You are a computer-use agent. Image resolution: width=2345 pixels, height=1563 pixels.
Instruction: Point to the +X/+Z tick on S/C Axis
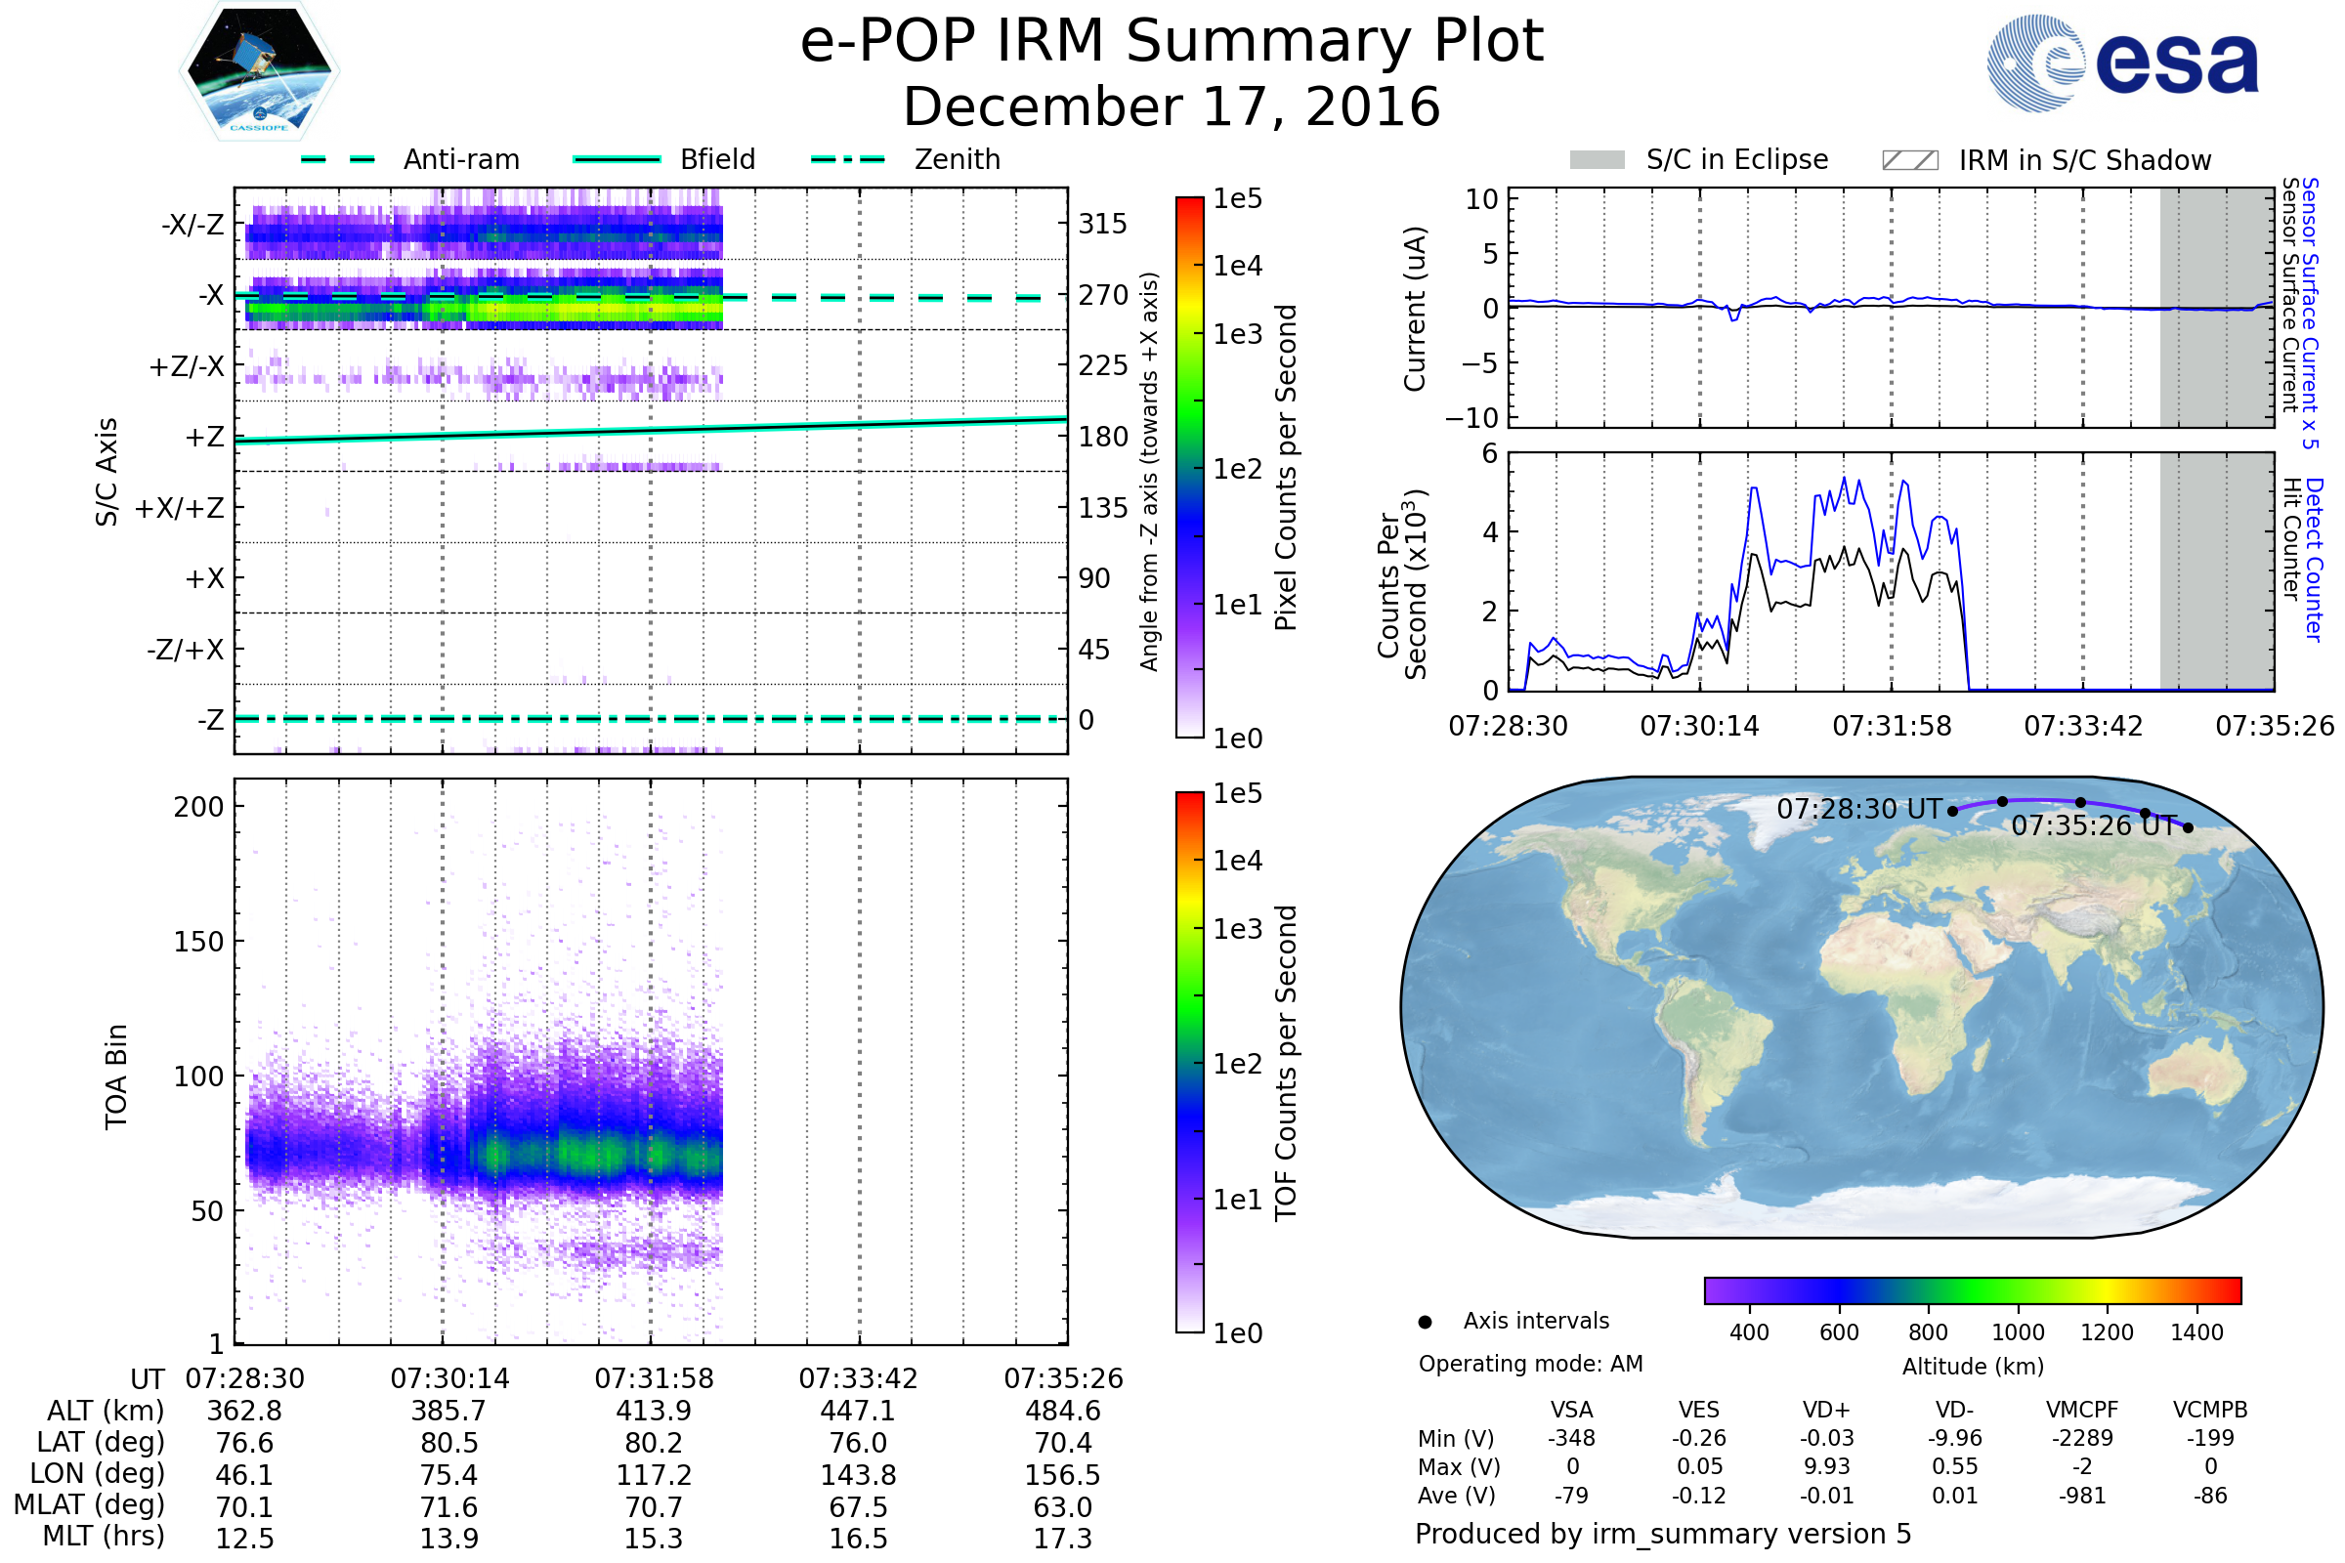180,508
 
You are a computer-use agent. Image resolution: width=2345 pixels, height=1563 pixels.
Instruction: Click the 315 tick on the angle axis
1103,224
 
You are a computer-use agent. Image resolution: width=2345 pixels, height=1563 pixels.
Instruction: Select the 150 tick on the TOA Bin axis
198,942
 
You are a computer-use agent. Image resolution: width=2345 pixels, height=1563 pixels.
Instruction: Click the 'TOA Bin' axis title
116,1077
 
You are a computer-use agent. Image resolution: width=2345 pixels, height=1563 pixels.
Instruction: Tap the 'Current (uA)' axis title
1415,309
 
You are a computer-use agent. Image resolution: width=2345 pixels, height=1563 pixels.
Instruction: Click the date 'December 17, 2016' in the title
1172,106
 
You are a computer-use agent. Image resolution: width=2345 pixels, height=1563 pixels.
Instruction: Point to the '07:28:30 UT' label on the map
1858,809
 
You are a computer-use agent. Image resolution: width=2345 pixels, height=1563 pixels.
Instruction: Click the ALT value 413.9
653,1411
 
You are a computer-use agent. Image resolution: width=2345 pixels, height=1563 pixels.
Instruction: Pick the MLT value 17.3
1063,1538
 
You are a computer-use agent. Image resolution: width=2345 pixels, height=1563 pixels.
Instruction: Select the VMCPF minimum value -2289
2082,1438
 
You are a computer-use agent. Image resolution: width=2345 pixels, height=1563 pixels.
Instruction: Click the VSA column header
1571,1410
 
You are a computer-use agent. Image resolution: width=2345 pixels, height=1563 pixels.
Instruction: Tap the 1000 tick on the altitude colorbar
2017,1332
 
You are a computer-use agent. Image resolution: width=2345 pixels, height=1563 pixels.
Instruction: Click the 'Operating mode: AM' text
1530,1364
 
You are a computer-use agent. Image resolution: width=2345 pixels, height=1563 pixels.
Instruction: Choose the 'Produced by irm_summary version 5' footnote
1663,1533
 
